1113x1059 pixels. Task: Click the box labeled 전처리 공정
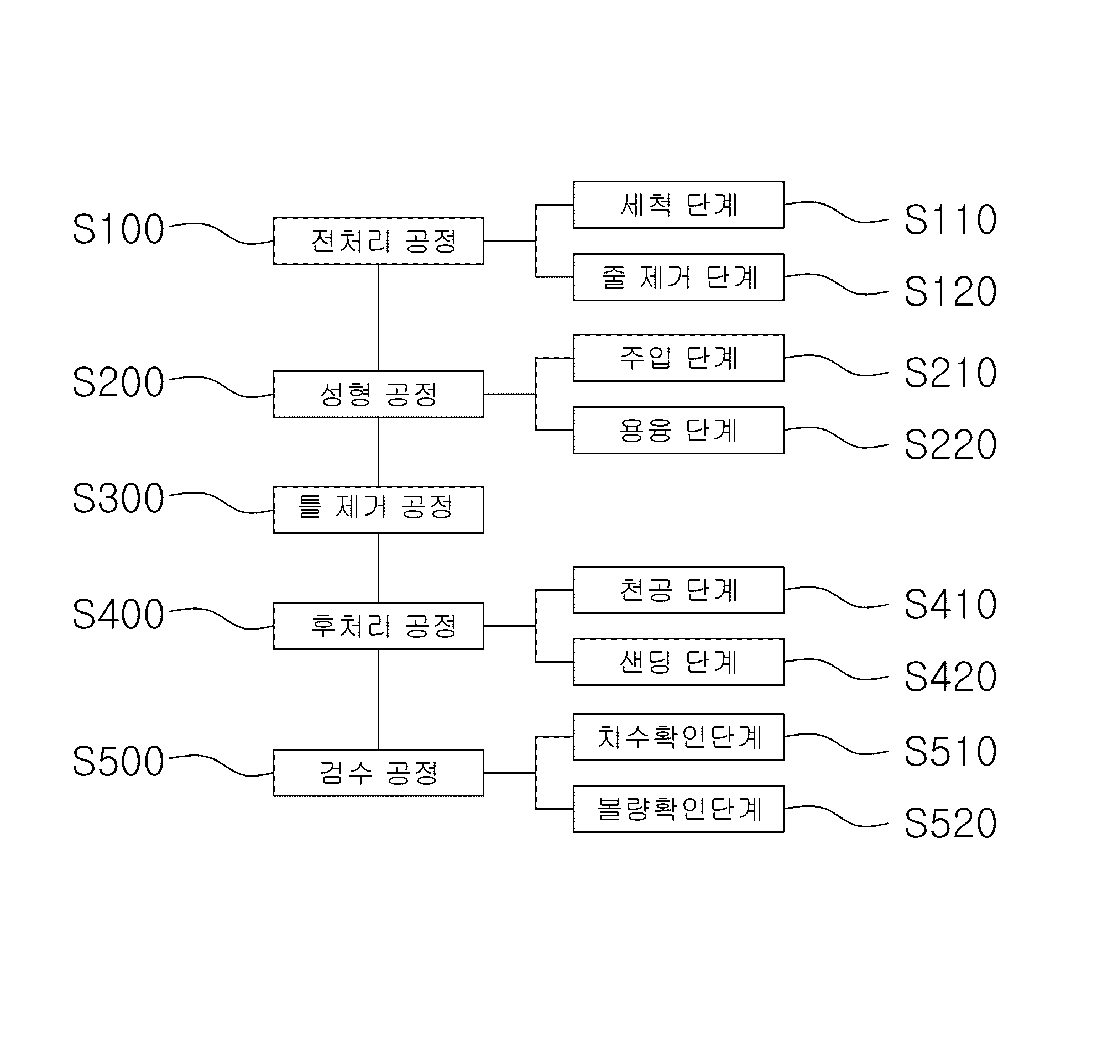pos(378,241)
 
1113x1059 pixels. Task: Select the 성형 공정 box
pos(378,394)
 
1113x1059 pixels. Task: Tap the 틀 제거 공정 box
pos(378,510)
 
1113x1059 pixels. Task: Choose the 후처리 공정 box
pos(378,626)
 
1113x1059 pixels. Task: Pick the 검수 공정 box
pos(378,773)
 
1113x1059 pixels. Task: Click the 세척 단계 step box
pos(679,205)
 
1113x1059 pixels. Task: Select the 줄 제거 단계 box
pos(679,277)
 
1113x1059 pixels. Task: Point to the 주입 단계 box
pos(679,358)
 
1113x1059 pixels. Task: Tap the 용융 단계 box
pos(679,430)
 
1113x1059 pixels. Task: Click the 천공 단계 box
pos(679,590)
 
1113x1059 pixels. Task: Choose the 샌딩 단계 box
pos(679,662)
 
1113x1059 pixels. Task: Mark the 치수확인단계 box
pos(679,737)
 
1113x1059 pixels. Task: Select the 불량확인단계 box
pos(679,809)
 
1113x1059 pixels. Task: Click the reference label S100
pos(118,229)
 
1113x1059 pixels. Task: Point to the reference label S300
pos(118,499)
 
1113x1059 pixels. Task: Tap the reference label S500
pos(118,761)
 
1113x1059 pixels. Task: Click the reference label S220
pos(950,444)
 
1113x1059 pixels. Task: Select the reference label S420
pos(950,677)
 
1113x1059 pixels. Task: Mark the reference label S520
pos(950,823)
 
